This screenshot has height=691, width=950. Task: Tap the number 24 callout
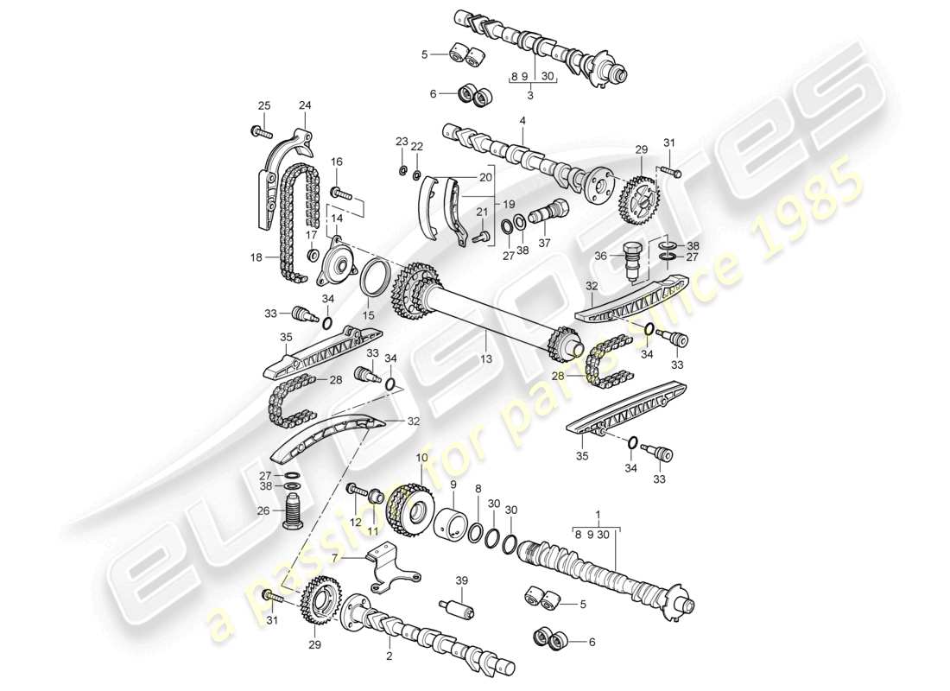click(x=304, y=106)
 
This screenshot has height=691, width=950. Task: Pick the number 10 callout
click(x=421, y=457)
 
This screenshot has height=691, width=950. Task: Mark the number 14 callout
click(x=335, y=219)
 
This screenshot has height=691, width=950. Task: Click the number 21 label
click(x=482, y=212)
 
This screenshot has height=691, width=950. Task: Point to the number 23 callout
click(x=402, y=141)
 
